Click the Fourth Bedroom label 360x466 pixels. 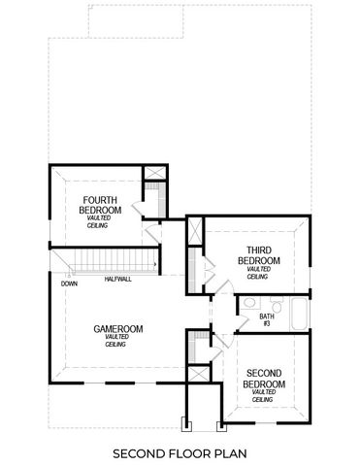click(101, 205)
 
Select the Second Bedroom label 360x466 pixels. click(264, 379)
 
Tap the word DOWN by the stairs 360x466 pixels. click(69, 284)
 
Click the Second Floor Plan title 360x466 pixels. click(180, 452)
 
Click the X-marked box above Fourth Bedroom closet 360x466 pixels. click(153, 177)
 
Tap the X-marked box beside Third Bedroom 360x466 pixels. click(195, 231)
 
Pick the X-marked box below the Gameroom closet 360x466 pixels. click(197, 374)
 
